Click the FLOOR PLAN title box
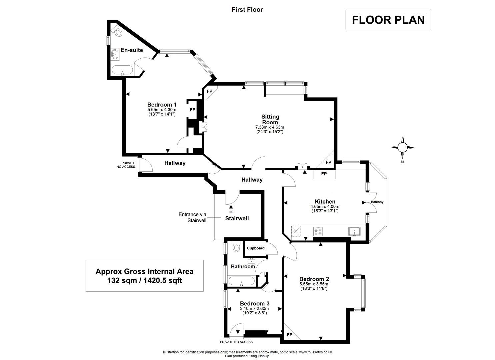(x=388, y=20)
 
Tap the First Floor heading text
(x=247, y=10)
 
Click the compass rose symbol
(x=403, y=147)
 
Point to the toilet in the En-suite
(x=117, y=31)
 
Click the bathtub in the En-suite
(x=122, y=70)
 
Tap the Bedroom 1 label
(x=162, y=105)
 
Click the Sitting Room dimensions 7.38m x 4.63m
(x=270, y=127)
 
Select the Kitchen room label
(x=325, y=201)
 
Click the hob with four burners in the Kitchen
(x=318, y=231)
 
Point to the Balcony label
(x=377, y=202)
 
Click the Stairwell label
(x=237, y=219)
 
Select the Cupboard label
(x=256, y=248)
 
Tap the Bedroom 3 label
(x=255, y=304)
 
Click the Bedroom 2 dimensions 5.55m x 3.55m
(x=314, y=284)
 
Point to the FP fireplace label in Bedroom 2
(x=289, y=335)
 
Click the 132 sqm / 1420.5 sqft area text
(x=144, y=281)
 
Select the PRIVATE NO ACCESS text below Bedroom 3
(x=236, y=342)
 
